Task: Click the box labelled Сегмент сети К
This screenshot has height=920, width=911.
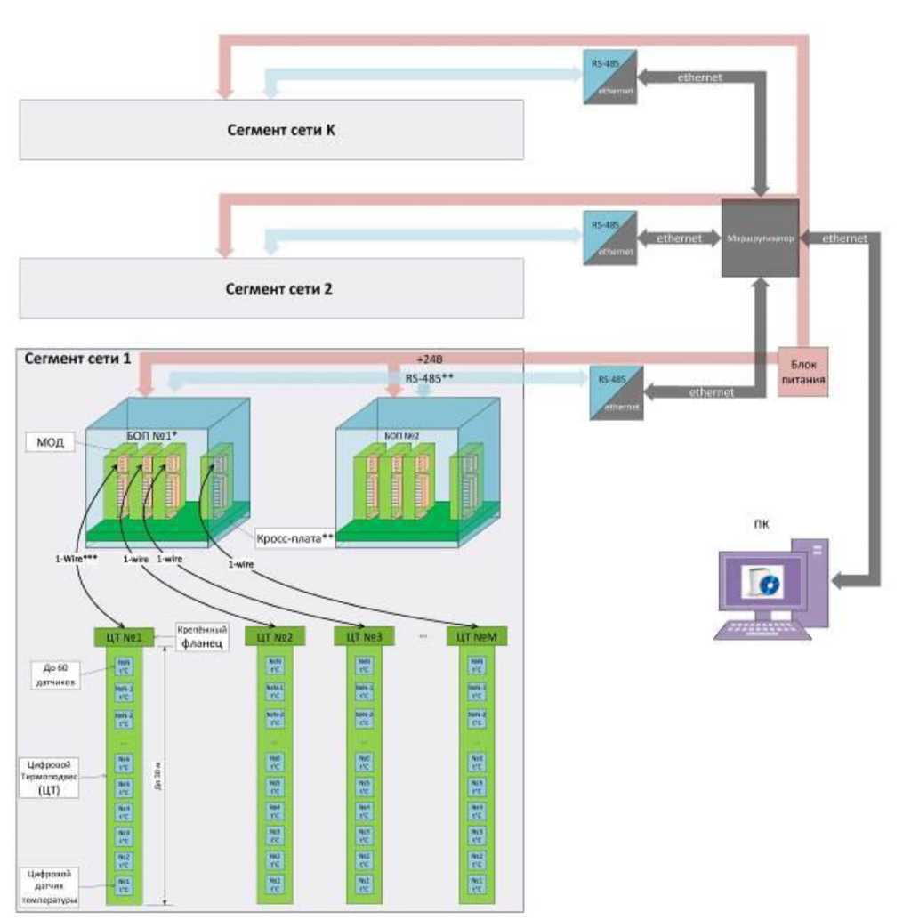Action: click(271, 130)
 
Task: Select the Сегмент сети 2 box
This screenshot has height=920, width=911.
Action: click(271, 289)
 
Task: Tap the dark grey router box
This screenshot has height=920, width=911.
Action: click(759, 238)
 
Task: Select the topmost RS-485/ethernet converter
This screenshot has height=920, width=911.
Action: click(610, 77)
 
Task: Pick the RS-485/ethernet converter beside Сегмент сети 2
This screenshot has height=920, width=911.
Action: click(610, 238)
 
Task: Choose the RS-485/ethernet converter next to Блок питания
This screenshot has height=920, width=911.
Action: click(616, 391)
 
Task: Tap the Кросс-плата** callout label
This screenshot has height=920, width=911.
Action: click(293, 538)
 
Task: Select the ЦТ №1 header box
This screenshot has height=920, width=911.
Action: click(124, 637)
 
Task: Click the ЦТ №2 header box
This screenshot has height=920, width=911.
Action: click(275, 637)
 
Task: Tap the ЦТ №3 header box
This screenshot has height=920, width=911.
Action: click(364, 637)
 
